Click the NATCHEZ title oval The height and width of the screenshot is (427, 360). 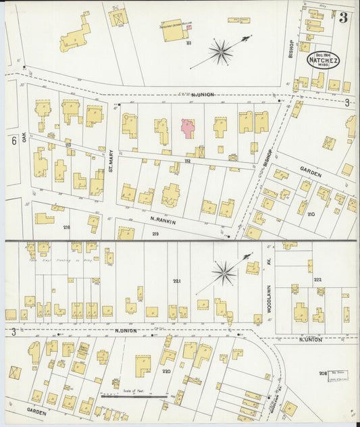coord(324,60)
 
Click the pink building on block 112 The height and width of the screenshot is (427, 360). coord(188,128)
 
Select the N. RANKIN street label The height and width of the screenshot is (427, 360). coord(163,220)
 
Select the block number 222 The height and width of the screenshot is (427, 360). coord(317,279)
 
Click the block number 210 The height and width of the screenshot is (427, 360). coord(311,214)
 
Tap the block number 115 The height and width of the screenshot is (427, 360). coord(68,145)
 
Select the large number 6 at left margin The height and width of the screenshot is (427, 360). coord(14,141)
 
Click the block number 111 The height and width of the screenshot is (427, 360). coord(190,43)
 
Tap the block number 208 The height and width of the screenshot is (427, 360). coord(323,372)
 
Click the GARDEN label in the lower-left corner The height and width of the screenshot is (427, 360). coord(35,409)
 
